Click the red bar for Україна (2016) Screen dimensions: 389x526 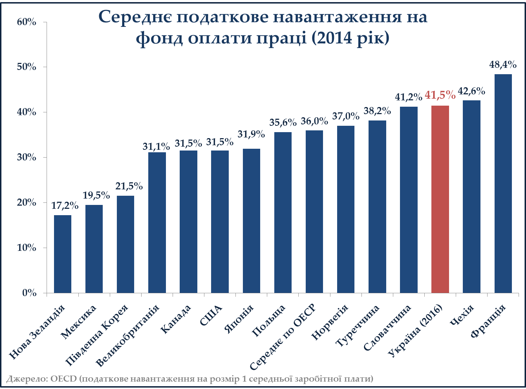[x=440, y=199]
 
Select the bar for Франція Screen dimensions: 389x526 [x=503, y=184]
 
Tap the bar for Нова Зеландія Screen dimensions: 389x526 [x=62, y=254]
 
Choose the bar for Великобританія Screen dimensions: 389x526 [x=157, y=223]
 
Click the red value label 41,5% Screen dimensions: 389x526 [x=440, y=95]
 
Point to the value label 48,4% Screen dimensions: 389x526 [x=503, y=65]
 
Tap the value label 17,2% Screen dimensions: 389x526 [x=65, y=205]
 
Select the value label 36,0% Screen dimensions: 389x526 [x=314, y=121]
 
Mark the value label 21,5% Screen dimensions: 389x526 [x=129, y=186]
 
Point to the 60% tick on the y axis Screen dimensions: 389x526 [x=27, y=22]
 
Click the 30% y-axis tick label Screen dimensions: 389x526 [x=27, y=157]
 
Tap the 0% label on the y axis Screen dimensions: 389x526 [x=29, y=293]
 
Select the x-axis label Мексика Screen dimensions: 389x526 [x=78, y=322]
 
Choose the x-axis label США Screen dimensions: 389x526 [x=211, y=315]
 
